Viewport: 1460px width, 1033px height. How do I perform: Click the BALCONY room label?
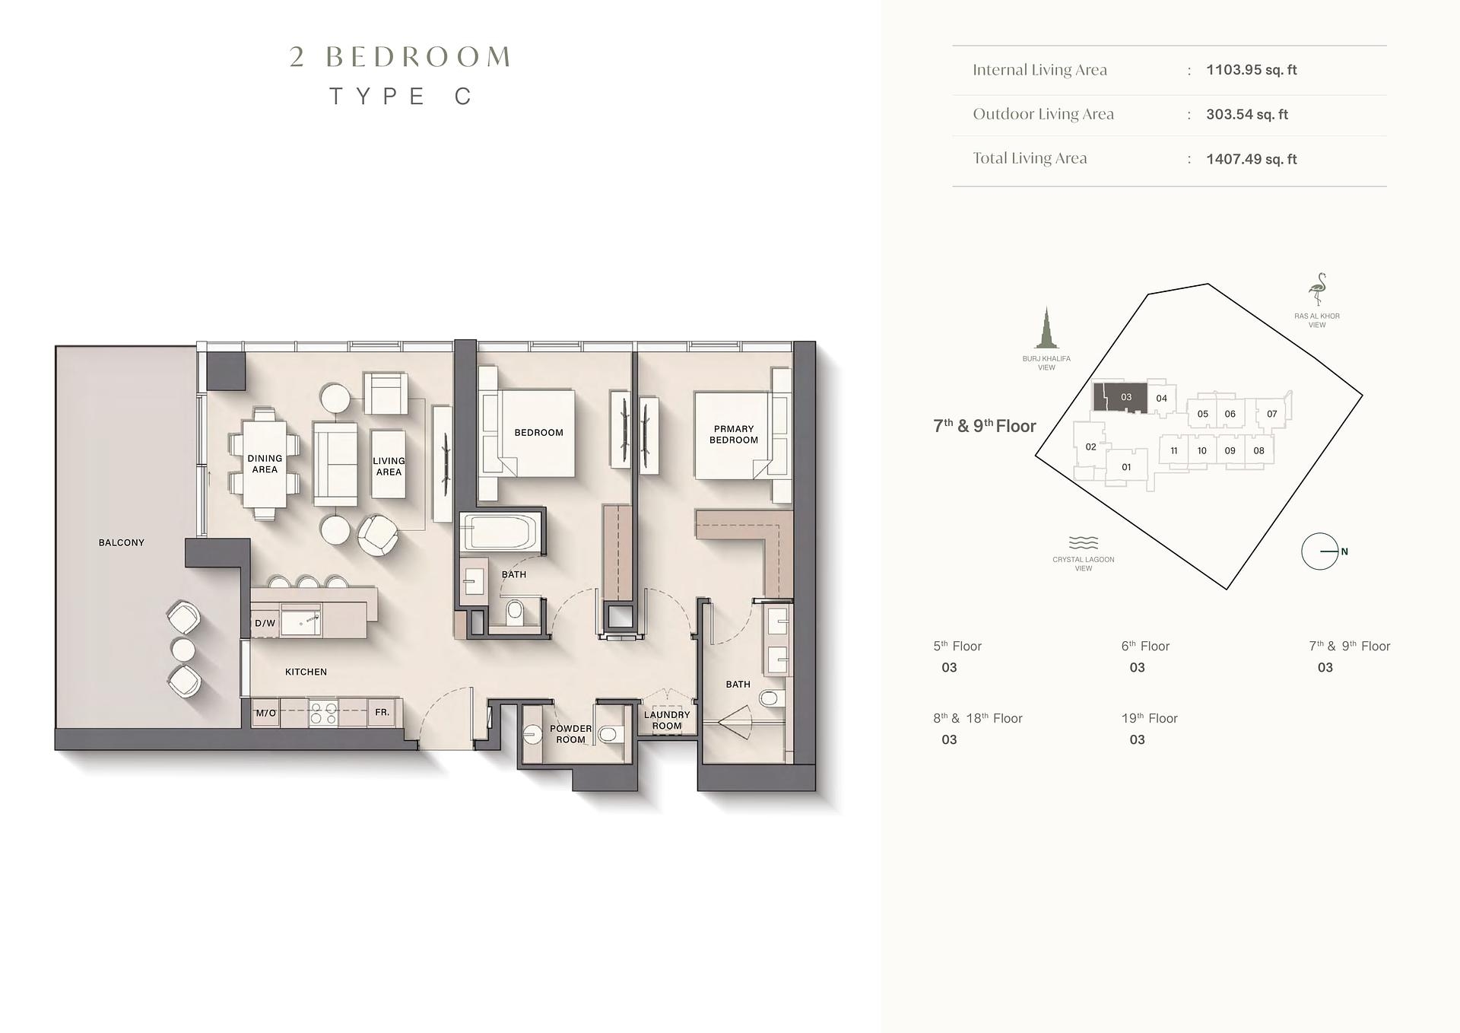(121, 542)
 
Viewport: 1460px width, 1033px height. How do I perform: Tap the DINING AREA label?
(265, 464)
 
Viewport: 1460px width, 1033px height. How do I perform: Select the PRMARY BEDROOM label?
(734, 434)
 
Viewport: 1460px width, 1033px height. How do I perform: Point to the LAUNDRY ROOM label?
(667, 720)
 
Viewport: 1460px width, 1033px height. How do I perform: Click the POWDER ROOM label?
(570, 734)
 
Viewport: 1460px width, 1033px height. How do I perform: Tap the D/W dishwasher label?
(265, 623)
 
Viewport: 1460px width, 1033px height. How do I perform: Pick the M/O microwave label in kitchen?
(265, 713)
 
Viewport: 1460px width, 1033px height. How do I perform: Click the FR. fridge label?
(382, 712)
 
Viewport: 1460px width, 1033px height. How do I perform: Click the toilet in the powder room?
(608, 735)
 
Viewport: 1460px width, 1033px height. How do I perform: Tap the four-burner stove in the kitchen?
(323, 714)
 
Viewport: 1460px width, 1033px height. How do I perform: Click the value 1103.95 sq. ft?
(1251, 70)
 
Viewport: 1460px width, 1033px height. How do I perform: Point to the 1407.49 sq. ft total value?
(1251, 159)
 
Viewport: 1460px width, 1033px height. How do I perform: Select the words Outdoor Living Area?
(1043, 114)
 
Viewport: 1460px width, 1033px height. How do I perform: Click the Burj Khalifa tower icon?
(1046, 328)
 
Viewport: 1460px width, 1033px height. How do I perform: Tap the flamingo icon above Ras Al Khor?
(1317, 290)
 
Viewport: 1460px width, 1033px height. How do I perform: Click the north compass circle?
(1319, 551)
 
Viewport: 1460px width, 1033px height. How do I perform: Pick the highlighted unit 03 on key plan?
(1120, 397)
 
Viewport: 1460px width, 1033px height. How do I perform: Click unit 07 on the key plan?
(1271, 414)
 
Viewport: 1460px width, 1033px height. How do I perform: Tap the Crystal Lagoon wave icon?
(1083, 542)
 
